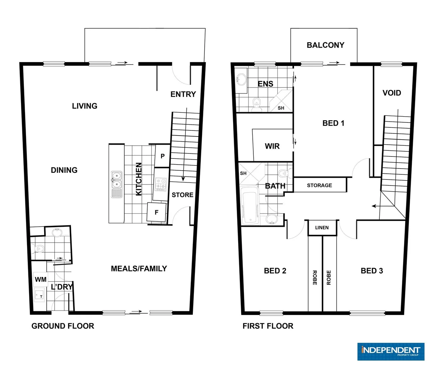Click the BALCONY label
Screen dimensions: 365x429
tap(325, 45)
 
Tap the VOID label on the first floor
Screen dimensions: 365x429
tap(392, 93)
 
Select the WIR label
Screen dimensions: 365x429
tap(272, 146)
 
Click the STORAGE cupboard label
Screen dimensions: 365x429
tap(319, 185)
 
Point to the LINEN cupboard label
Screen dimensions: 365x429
tap(322, 227)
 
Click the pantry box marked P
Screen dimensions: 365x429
tap(162, 156)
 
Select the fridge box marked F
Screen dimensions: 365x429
tap(156, 213)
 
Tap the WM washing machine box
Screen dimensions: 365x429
tap(41, 279)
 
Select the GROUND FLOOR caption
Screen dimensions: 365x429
tap(63, 326)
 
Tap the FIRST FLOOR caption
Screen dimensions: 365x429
tap(268, 326)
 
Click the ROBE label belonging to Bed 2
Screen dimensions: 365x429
tap(315, 277)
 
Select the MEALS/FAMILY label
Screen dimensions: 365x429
tap(139, 268)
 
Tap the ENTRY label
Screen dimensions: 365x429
tap(183, 94)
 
